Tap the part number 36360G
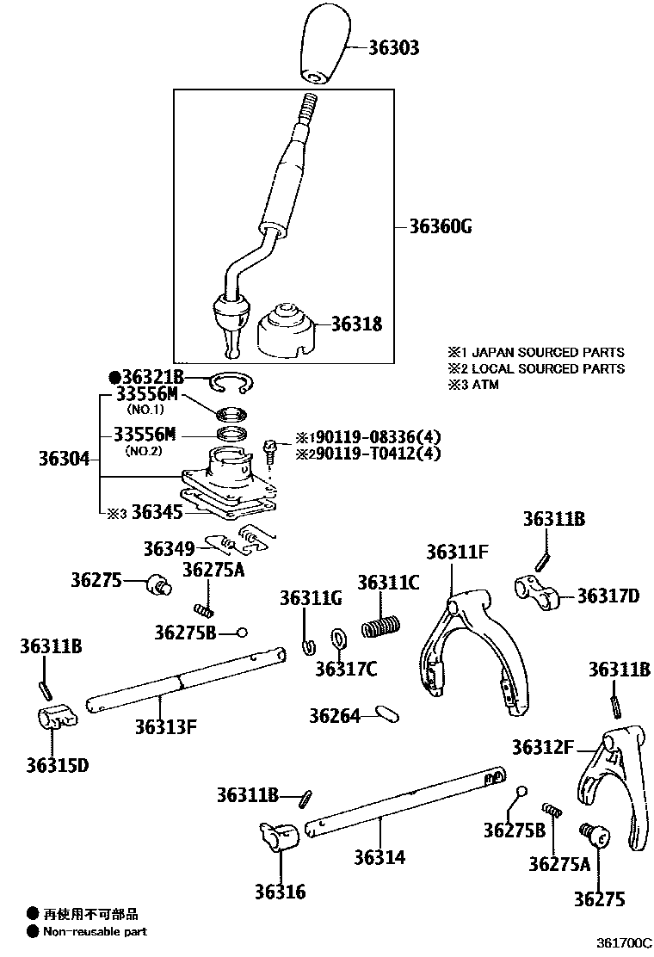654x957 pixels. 441,227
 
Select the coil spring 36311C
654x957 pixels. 380,625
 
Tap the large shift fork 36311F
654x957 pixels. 465,654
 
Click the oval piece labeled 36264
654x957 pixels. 386,714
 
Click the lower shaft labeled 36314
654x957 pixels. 404,802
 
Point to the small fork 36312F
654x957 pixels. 615,783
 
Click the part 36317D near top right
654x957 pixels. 534,591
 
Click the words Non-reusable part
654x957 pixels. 95,931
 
